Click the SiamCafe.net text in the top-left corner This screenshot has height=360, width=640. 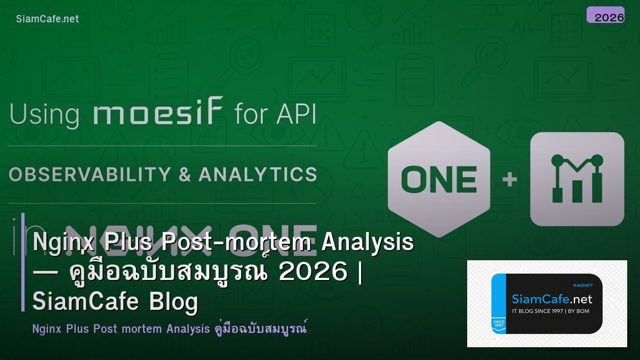tap(47, 19)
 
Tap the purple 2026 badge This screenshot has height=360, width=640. tap(605, 15)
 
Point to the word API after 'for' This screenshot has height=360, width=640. tap(295, 115)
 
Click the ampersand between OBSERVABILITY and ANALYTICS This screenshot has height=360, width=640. tap(185, 175)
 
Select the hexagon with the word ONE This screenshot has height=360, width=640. tap(439, 179)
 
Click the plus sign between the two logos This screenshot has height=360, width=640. tap(510, 179)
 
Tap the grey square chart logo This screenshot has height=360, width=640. tap(577, 179)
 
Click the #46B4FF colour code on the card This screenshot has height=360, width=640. tap(582, 285)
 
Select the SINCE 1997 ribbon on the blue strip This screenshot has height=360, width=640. tap(498, 324)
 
